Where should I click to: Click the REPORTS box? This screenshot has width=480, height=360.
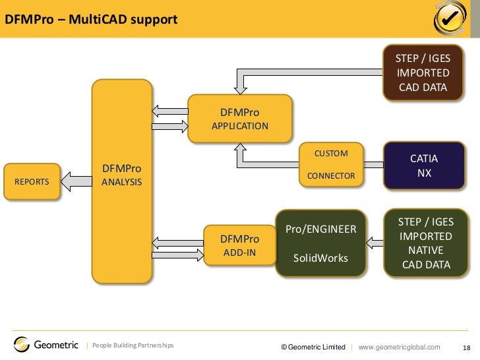(32, 181)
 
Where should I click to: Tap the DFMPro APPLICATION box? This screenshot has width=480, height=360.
(240, 119)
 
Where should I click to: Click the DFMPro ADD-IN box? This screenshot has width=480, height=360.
(239, 245)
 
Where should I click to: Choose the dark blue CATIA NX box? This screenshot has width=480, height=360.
(424, 166)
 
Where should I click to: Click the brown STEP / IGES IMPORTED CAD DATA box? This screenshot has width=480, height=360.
(423, 73)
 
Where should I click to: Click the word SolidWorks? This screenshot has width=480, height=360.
(320, 258)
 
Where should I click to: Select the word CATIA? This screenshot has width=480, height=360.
(424, 159)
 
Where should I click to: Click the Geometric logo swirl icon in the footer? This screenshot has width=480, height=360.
(22, 344)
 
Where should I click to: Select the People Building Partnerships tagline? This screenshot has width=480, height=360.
(133, 345)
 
